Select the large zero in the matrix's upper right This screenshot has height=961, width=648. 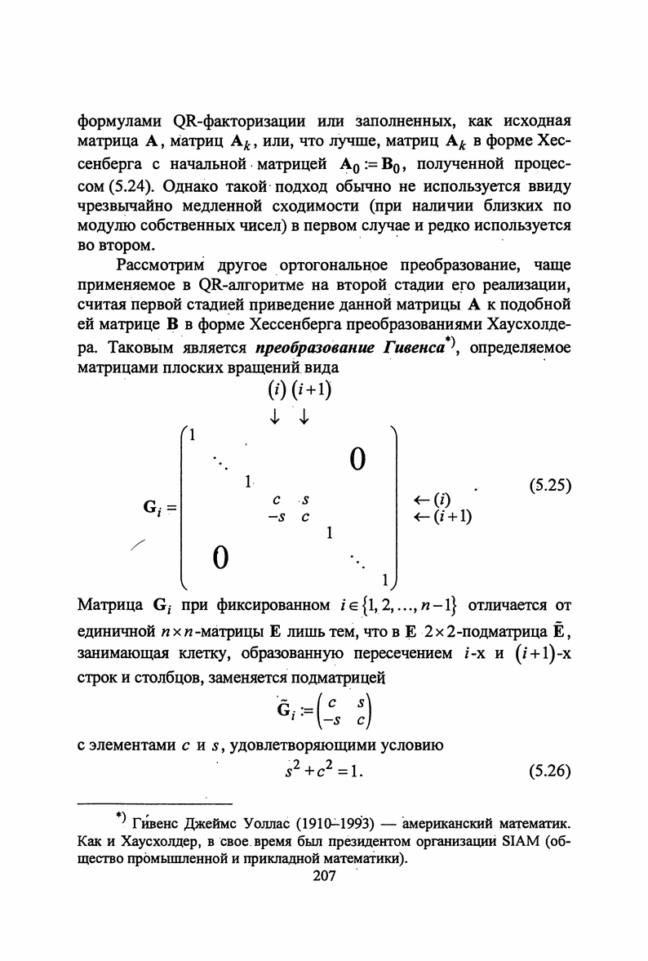pos(357,461)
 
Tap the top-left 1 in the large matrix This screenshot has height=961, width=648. pos(193,434)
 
